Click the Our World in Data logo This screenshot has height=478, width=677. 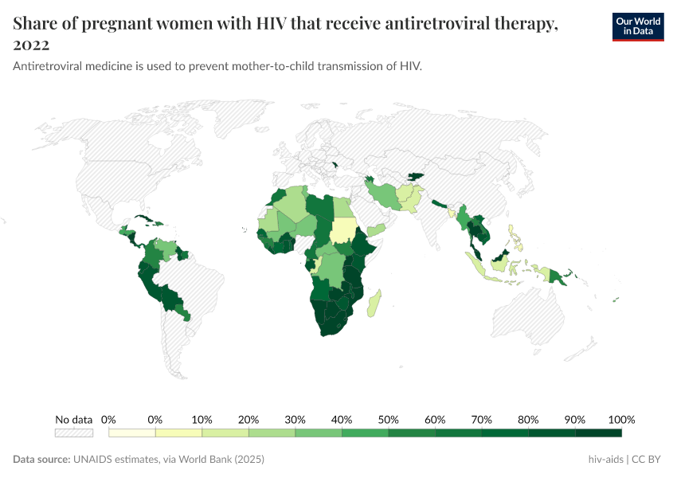(x=638, y=26)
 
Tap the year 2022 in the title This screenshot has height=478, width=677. (x=32, y=45)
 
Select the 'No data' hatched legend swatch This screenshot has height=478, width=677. (x=73, y=433)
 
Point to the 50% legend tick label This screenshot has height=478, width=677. (x=388, y=420)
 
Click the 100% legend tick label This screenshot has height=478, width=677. (x=621, y=420)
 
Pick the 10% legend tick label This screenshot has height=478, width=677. (x=202, y=420)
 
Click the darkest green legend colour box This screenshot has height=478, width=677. (x=598, y=433)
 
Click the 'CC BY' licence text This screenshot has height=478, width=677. (x=648, y=460)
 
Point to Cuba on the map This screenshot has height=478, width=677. (x=145, y=218)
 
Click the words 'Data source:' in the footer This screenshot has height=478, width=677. (x=41, y=460)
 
